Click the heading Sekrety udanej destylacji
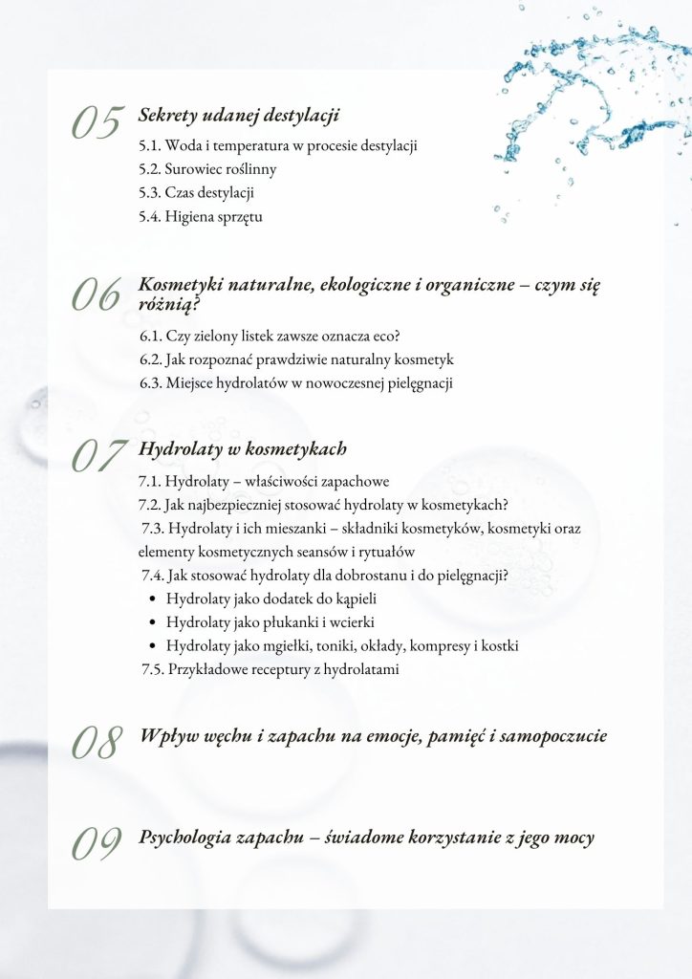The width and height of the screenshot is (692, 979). point(239,116)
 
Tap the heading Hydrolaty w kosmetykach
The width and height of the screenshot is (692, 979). point(243,448)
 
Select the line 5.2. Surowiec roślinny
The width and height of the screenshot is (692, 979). point(207,170)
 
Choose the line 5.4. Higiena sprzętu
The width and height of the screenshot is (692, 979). point(201,216)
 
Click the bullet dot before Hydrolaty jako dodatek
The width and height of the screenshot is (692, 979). point(153,600)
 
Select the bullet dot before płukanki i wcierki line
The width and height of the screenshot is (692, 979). point(153,623)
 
